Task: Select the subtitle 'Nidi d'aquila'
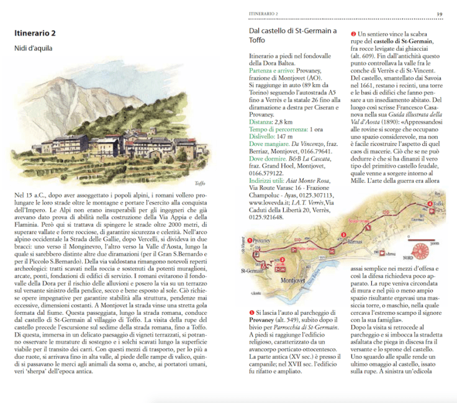point(34,48)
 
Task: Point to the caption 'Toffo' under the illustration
point(200,184)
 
